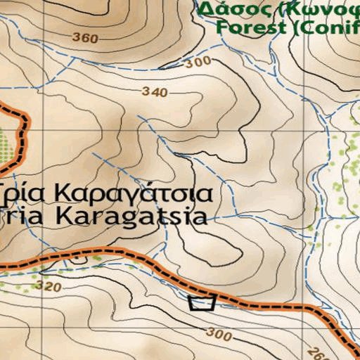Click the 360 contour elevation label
click(x=85, y=38)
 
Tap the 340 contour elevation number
click(x=155, y=92)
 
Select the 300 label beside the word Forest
click(x=200, y=62)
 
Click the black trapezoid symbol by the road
click(x=202, y=303)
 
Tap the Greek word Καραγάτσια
click(x=134, y=193)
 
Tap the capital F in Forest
click(x=222, y=28)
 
